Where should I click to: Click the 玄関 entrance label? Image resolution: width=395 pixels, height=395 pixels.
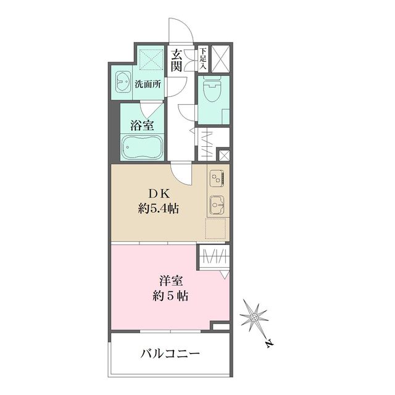pos(177,60)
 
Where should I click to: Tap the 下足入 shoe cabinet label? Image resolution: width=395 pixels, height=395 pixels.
pos(203,57)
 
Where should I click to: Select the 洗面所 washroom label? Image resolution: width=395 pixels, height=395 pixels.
pos(148,85)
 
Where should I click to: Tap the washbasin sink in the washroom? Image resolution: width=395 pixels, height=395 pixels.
pos(122,80)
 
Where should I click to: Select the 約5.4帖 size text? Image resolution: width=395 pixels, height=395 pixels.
pos(158,209)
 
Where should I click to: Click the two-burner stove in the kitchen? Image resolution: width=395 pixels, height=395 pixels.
pos(217,179)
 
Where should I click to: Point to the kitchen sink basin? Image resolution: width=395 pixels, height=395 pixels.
pos(217,203)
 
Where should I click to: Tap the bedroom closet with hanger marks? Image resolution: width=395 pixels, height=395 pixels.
pos(214,256)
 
